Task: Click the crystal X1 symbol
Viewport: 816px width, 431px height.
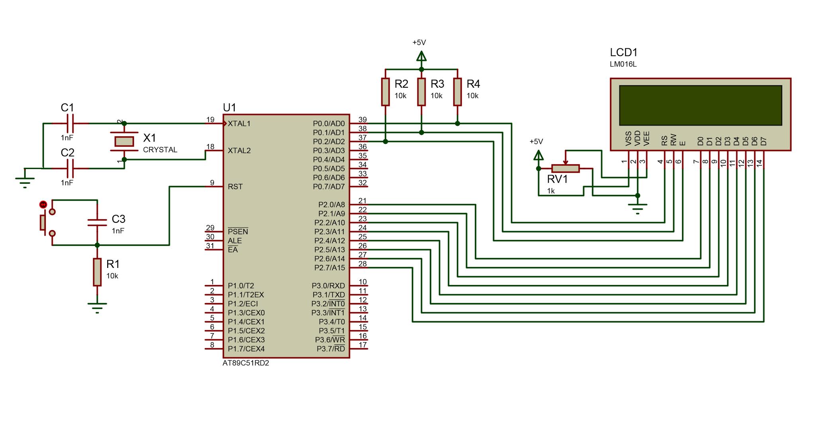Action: click(x=124, y=142)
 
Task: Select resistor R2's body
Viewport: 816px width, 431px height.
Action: click(x=385, y=92)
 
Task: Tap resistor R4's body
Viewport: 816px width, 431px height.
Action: click(x=457, y=92)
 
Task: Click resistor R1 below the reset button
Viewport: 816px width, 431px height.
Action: click(x=97, y=272)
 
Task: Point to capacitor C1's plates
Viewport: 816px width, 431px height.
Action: click(x=70, y=124)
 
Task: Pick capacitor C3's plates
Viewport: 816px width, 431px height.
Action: click(x=97, y=222)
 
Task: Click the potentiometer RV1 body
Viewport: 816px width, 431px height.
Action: click(x=565, y=168)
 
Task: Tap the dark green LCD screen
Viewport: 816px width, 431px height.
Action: click(x=700, y=105)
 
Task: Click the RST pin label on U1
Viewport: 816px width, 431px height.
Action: click(x=235, y=187)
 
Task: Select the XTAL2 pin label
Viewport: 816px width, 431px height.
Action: click(x=239, y=150)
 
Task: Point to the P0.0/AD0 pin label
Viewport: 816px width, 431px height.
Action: click(x=329, y=124)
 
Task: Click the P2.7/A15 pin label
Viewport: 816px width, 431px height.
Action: click(x=330, y=268)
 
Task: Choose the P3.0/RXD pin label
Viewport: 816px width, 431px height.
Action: click(x=328, y=285)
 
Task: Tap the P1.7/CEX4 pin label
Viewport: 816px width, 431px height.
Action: click(x=246, y=349)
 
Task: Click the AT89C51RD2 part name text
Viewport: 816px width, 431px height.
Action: click(x=245, y=363)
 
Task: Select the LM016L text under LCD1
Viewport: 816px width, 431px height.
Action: click(x=623, y=64)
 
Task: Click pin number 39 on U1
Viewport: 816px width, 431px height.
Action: click(x=363, y=120)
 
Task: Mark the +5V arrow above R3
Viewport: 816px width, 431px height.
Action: click(x=421, y=56)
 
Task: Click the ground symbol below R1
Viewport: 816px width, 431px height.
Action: click(x=97, y=308)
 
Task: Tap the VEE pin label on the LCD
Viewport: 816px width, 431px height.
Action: click(x=647, y=138)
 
